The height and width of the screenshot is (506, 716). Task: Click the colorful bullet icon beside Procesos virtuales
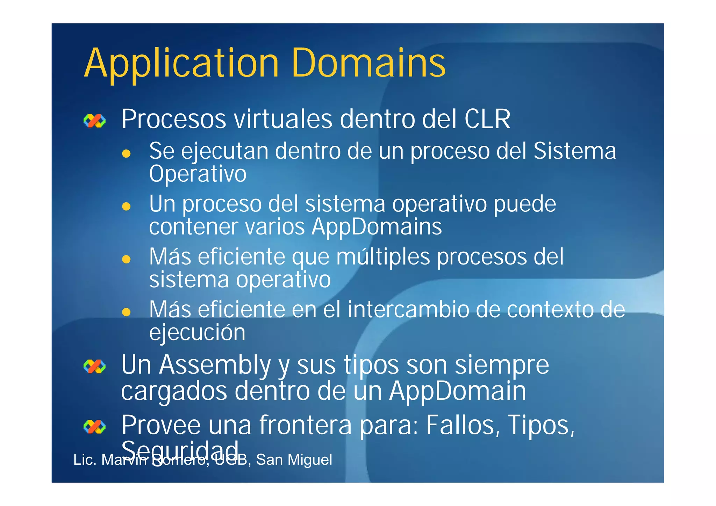[94, 121]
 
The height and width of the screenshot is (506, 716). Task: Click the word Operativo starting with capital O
[198, 174]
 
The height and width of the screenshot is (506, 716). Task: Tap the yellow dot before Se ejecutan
[126, 153]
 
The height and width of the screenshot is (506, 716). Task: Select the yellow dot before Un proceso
[126, 206]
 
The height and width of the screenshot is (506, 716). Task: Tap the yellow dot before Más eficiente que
[126, 259]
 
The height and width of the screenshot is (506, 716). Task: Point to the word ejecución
[197, 332]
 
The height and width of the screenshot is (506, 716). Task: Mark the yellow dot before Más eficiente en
[126, 312]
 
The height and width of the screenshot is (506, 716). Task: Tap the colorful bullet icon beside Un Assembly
[94, 367]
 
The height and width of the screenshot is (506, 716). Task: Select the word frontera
[305, 425]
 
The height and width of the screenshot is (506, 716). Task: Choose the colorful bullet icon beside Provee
[94, 427]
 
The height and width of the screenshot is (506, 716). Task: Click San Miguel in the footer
[294, 460]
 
